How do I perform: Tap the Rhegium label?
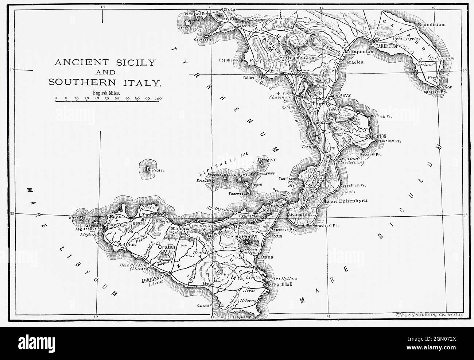coord(301,214)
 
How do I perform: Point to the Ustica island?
coord(148,169)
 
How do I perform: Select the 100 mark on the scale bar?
coord(158,98)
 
